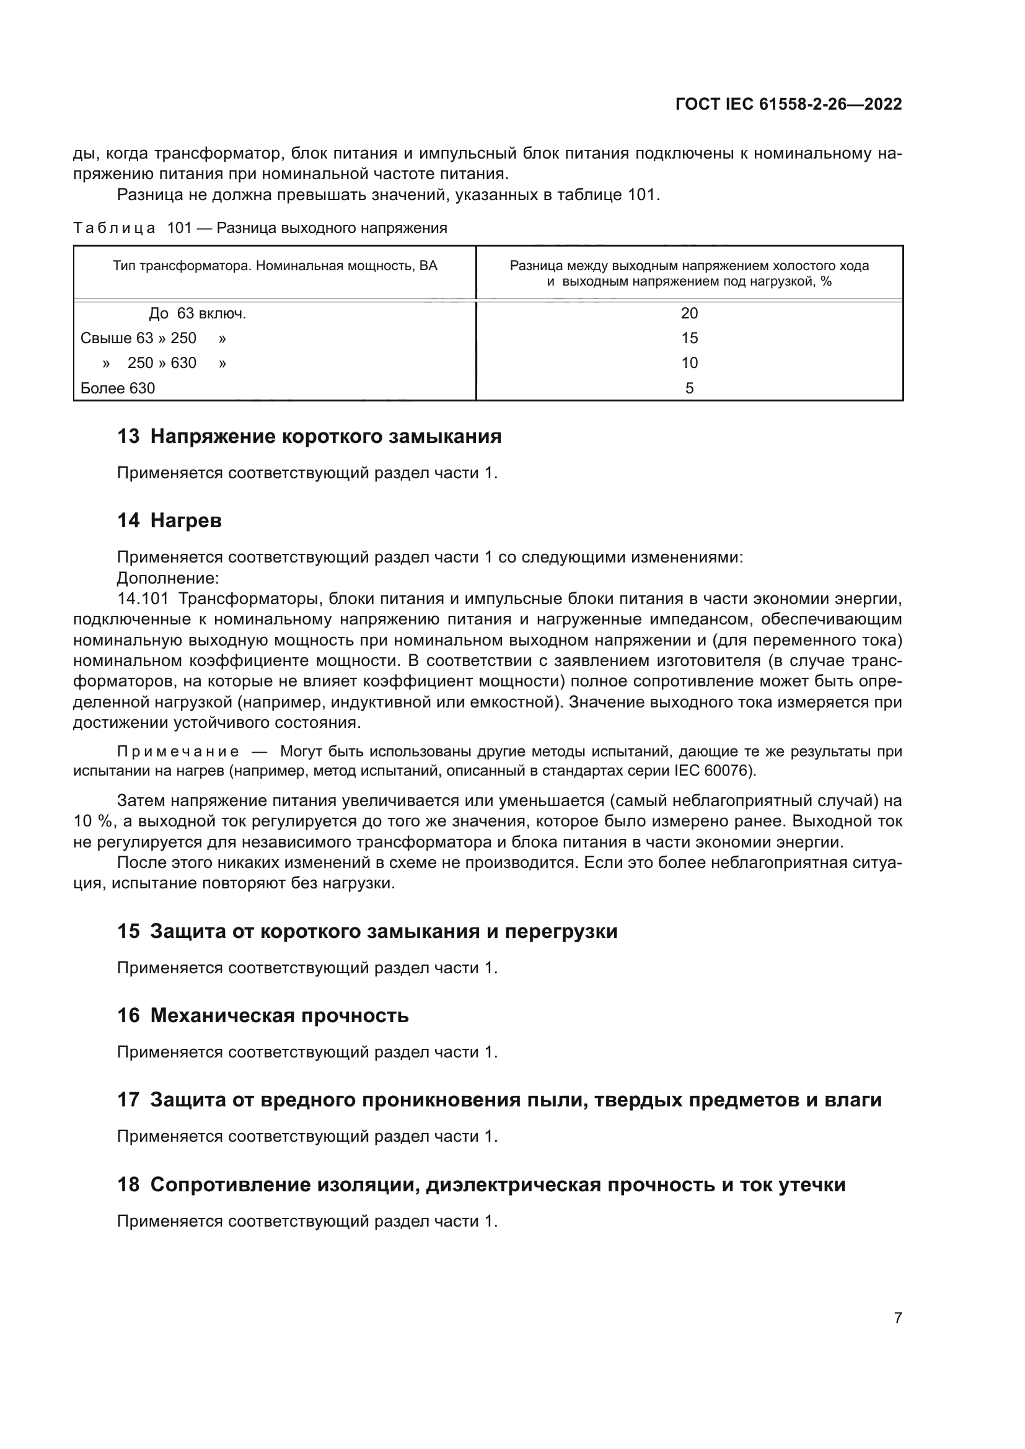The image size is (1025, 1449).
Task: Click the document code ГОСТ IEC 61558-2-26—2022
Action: click(x=788, y=104)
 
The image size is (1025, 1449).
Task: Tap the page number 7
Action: click(x=897, y=1318)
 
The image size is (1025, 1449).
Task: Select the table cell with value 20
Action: click(x=689, y=313)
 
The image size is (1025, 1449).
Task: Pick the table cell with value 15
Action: click(x=689, y=338)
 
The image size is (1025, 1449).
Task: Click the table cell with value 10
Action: click(x=689, y=363)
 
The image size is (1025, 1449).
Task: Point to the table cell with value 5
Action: click(x=689, y=388)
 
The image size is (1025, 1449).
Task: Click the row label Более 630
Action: click(x=118, y=388)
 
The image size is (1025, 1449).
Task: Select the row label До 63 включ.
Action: click(x=197, y=313)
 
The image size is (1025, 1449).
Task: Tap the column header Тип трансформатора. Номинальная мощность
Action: click(x=275, y=266)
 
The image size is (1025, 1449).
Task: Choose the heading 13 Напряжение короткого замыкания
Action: click(x=309, y=436)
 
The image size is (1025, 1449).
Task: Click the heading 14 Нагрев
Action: click(x=169, y=520)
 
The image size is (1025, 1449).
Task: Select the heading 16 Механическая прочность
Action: click(x=263, y=1015)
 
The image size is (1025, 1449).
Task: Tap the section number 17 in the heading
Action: click(x=128, y=1100)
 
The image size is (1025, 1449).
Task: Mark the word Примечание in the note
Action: click(x=178, y=751)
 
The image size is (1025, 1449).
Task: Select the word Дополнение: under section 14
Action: click(x=169, y=578)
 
